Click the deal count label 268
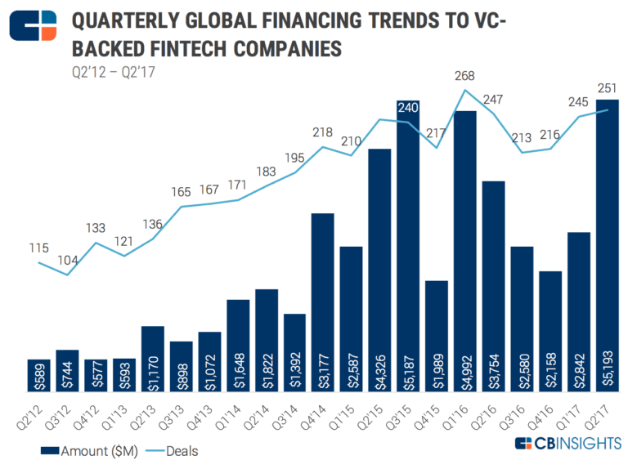(x=465, y=76)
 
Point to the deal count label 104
(x=68, y=260)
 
